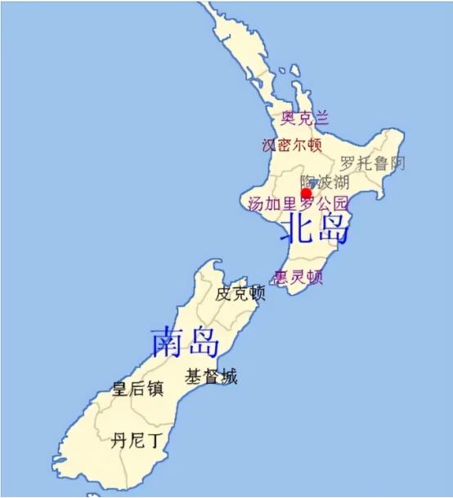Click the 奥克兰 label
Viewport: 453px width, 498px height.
click(304, 118)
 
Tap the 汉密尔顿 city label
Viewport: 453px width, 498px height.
click(291, 145)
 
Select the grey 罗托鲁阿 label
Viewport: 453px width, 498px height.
click(372, 162)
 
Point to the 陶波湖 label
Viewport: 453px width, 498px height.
click(324, 181)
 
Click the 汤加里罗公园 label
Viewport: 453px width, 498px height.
click(298, 203)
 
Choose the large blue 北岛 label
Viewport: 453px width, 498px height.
click(314, 231)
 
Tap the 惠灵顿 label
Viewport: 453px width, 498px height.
click(298, 278)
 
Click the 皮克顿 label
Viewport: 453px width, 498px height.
click(240, 293)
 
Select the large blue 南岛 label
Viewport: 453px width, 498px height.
click(186, 342)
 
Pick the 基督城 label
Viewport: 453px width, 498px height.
click(210, 376)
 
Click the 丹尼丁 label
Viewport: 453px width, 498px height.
click(137, 442)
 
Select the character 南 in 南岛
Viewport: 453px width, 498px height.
click(168, 342)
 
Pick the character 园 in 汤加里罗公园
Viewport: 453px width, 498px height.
click(340, 203)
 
